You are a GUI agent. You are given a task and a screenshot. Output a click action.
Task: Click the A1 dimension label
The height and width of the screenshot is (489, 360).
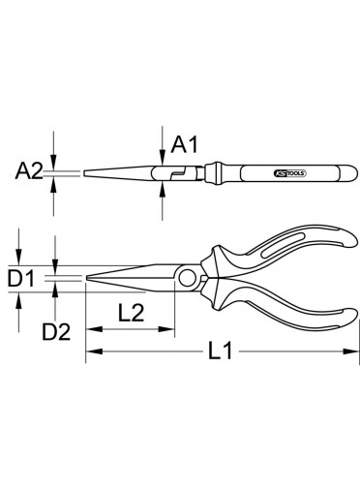184,144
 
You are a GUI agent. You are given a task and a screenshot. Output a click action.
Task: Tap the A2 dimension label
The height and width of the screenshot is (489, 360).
29,170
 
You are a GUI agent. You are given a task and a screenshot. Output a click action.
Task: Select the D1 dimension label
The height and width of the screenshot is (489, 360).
21,279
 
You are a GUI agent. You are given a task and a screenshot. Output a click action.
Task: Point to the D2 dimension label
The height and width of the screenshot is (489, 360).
56,332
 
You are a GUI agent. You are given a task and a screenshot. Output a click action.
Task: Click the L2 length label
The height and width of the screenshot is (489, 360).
131,313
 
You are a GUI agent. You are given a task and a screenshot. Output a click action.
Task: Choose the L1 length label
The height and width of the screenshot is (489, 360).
220,351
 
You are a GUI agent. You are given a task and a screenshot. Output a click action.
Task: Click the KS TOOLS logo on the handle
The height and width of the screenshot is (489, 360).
290,173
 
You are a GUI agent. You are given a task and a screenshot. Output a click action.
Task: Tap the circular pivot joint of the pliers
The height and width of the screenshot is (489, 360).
187,279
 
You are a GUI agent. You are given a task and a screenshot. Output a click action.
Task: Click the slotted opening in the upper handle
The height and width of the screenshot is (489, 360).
277,245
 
